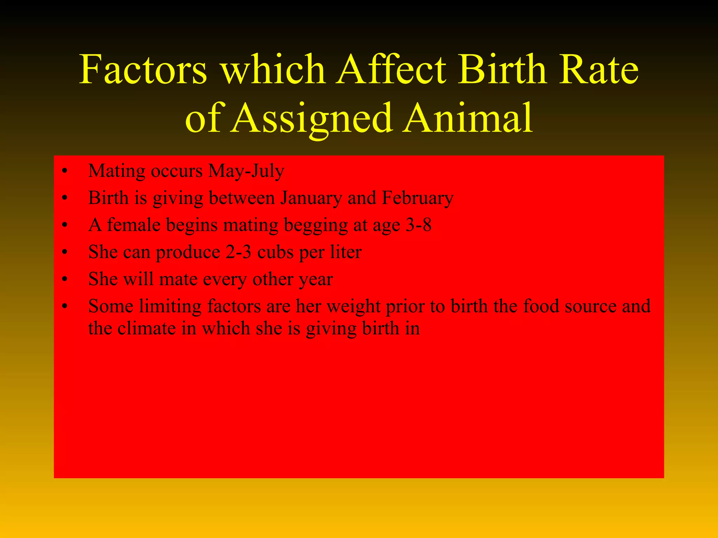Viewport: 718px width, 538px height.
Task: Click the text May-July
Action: point(246,172)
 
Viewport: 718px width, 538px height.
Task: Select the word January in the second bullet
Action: point(311,199)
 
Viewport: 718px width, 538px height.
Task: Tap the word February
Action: point(418,199)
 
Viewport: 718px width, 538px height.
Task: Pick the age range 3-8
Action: point(418,225)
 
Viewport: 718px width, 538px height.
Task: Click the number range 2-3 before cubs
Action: point(238,252)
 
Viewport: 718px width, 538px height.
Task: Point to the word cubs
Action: point(275,252)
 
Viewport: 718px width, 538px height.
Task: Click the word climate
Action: point(146,329)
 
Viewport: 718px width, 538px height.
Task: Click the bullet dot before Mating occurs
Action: point(64,172)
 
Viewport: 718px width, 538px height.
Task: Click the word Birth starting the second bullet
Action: point(108,198)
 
